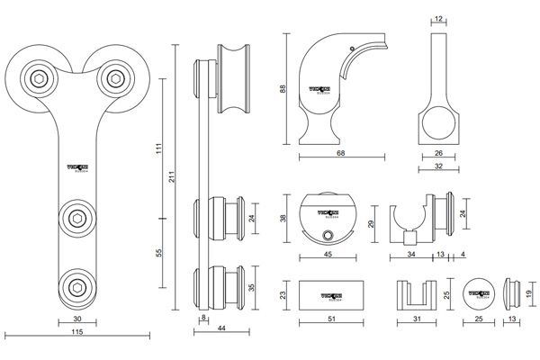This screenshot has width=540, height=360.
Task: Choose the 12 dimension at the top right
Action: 438,19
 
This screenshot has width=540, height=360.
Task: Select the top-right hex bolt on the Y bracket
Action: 113,78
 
